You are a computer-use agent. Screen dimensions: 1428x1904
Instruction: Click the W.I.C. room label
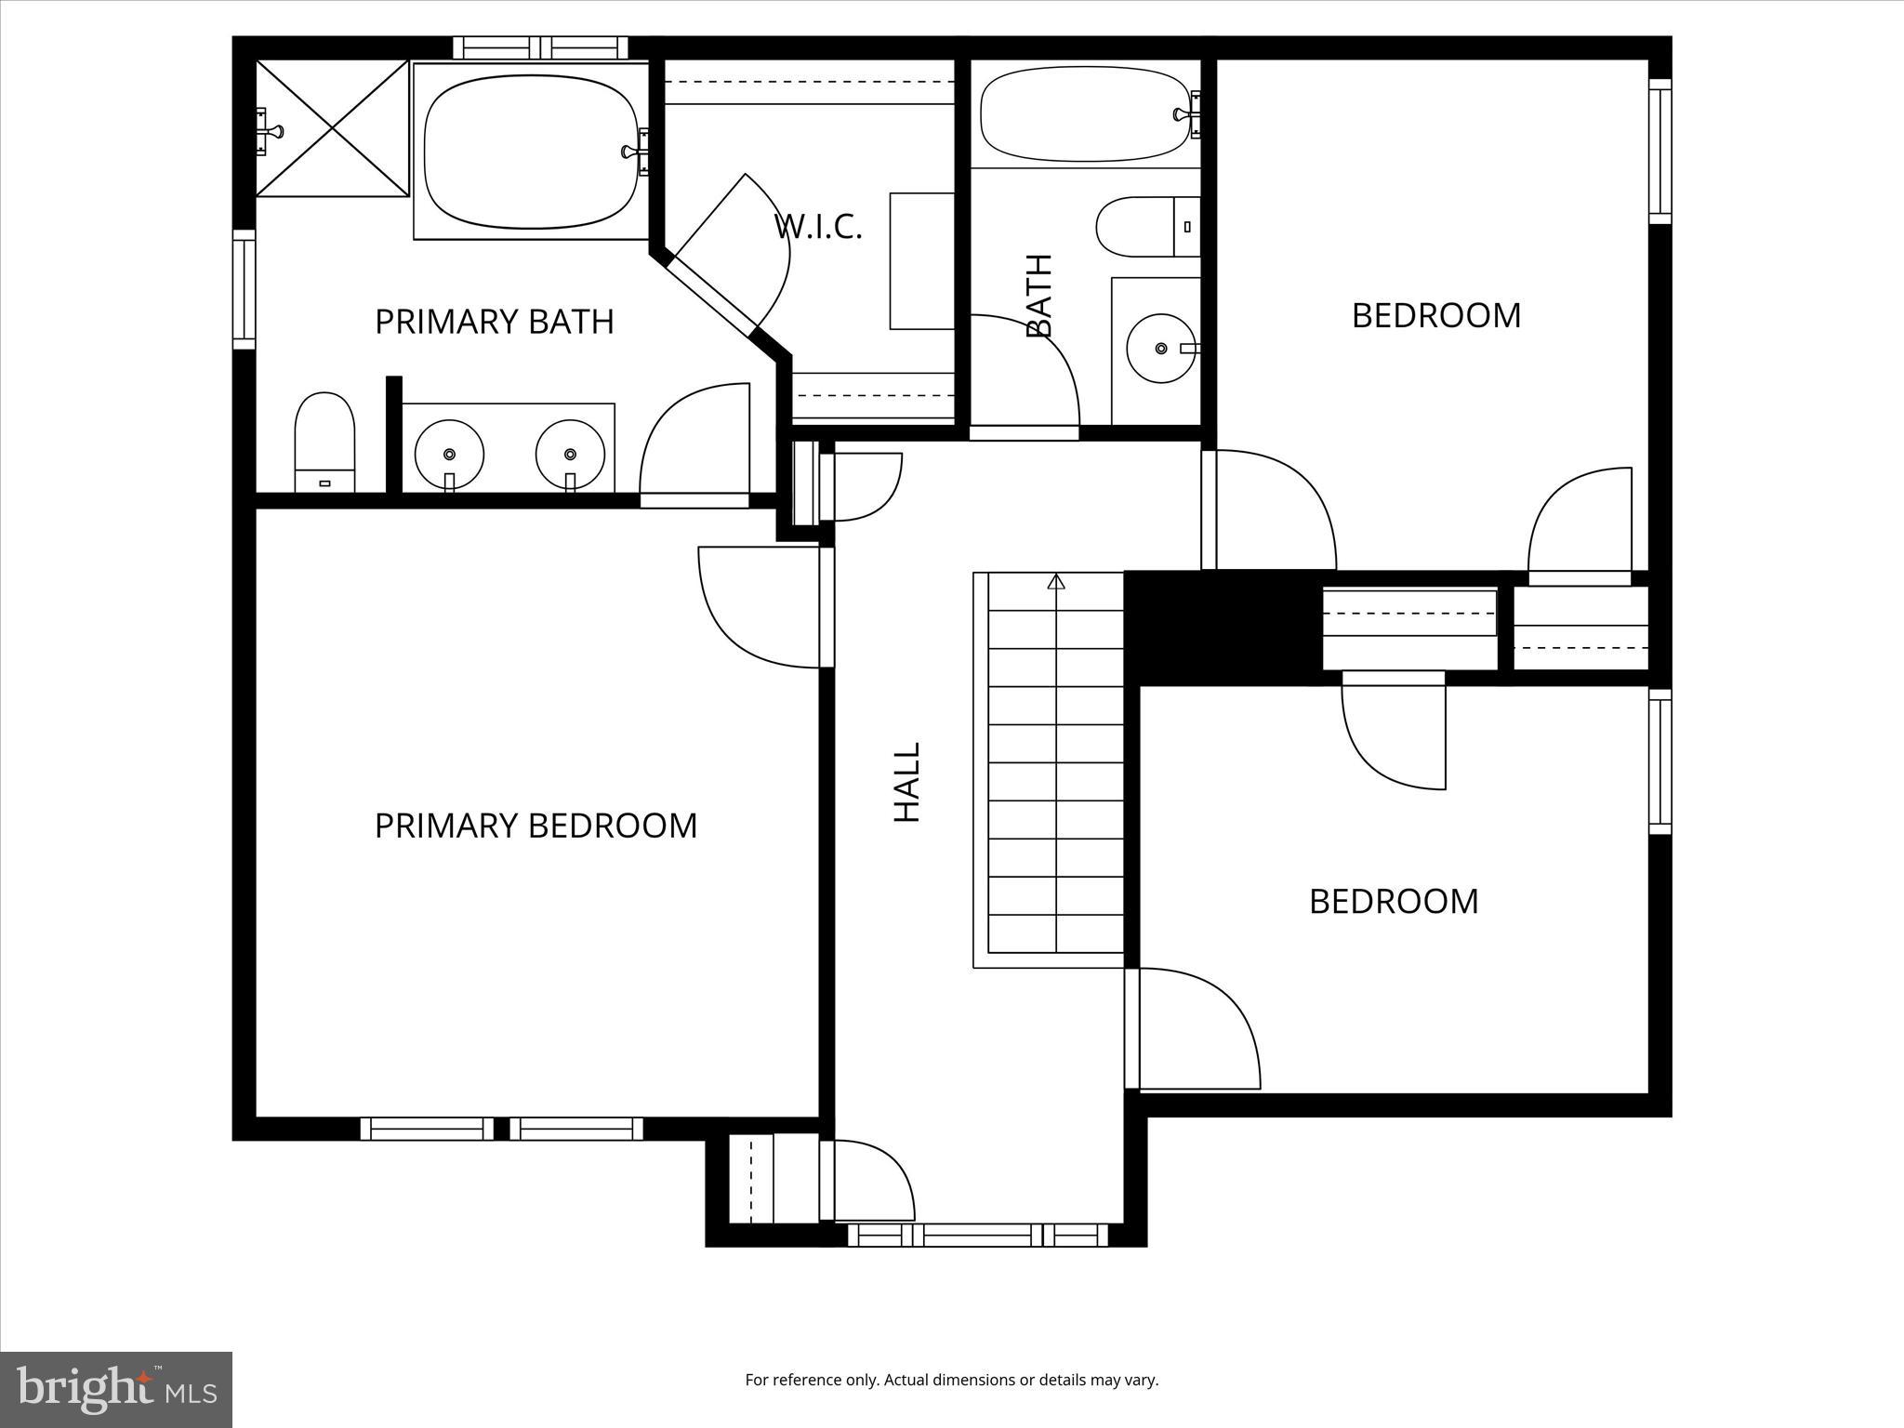818,227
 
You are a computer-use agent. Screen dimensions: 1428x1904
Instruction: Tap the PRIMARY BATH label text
494,322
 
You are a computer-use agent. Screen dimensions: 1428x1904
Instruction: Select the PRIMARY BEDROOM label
535,826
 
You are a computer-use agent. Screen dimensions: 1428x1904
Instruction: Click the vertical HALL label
906,782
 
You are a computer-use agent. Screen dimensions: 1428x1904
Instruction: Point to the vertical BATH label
1039,296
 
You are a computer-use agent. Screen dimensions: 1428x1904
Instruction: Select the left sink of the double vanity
449,455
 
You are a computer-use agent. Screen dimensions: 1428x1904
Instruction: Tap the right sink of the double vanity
570,455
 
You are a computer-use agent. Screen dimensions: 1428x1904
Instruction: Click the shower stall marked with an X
332,128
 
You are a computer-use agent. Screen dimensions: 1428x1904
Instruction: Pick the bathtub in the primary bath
531,152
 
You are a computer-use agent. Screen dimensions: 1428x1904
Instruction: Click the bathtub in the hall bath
1085,115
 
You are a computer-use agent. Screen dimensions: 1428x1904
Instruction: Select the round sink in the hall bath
1160,349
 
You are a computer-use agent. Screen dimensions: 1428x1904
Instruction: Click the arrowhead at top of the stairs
1055,582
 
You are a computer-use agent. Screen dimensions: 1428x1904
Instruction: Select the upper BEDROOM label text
1435,316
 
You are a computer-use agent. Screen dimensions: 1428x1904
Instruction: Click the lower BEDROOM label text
1393,902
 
